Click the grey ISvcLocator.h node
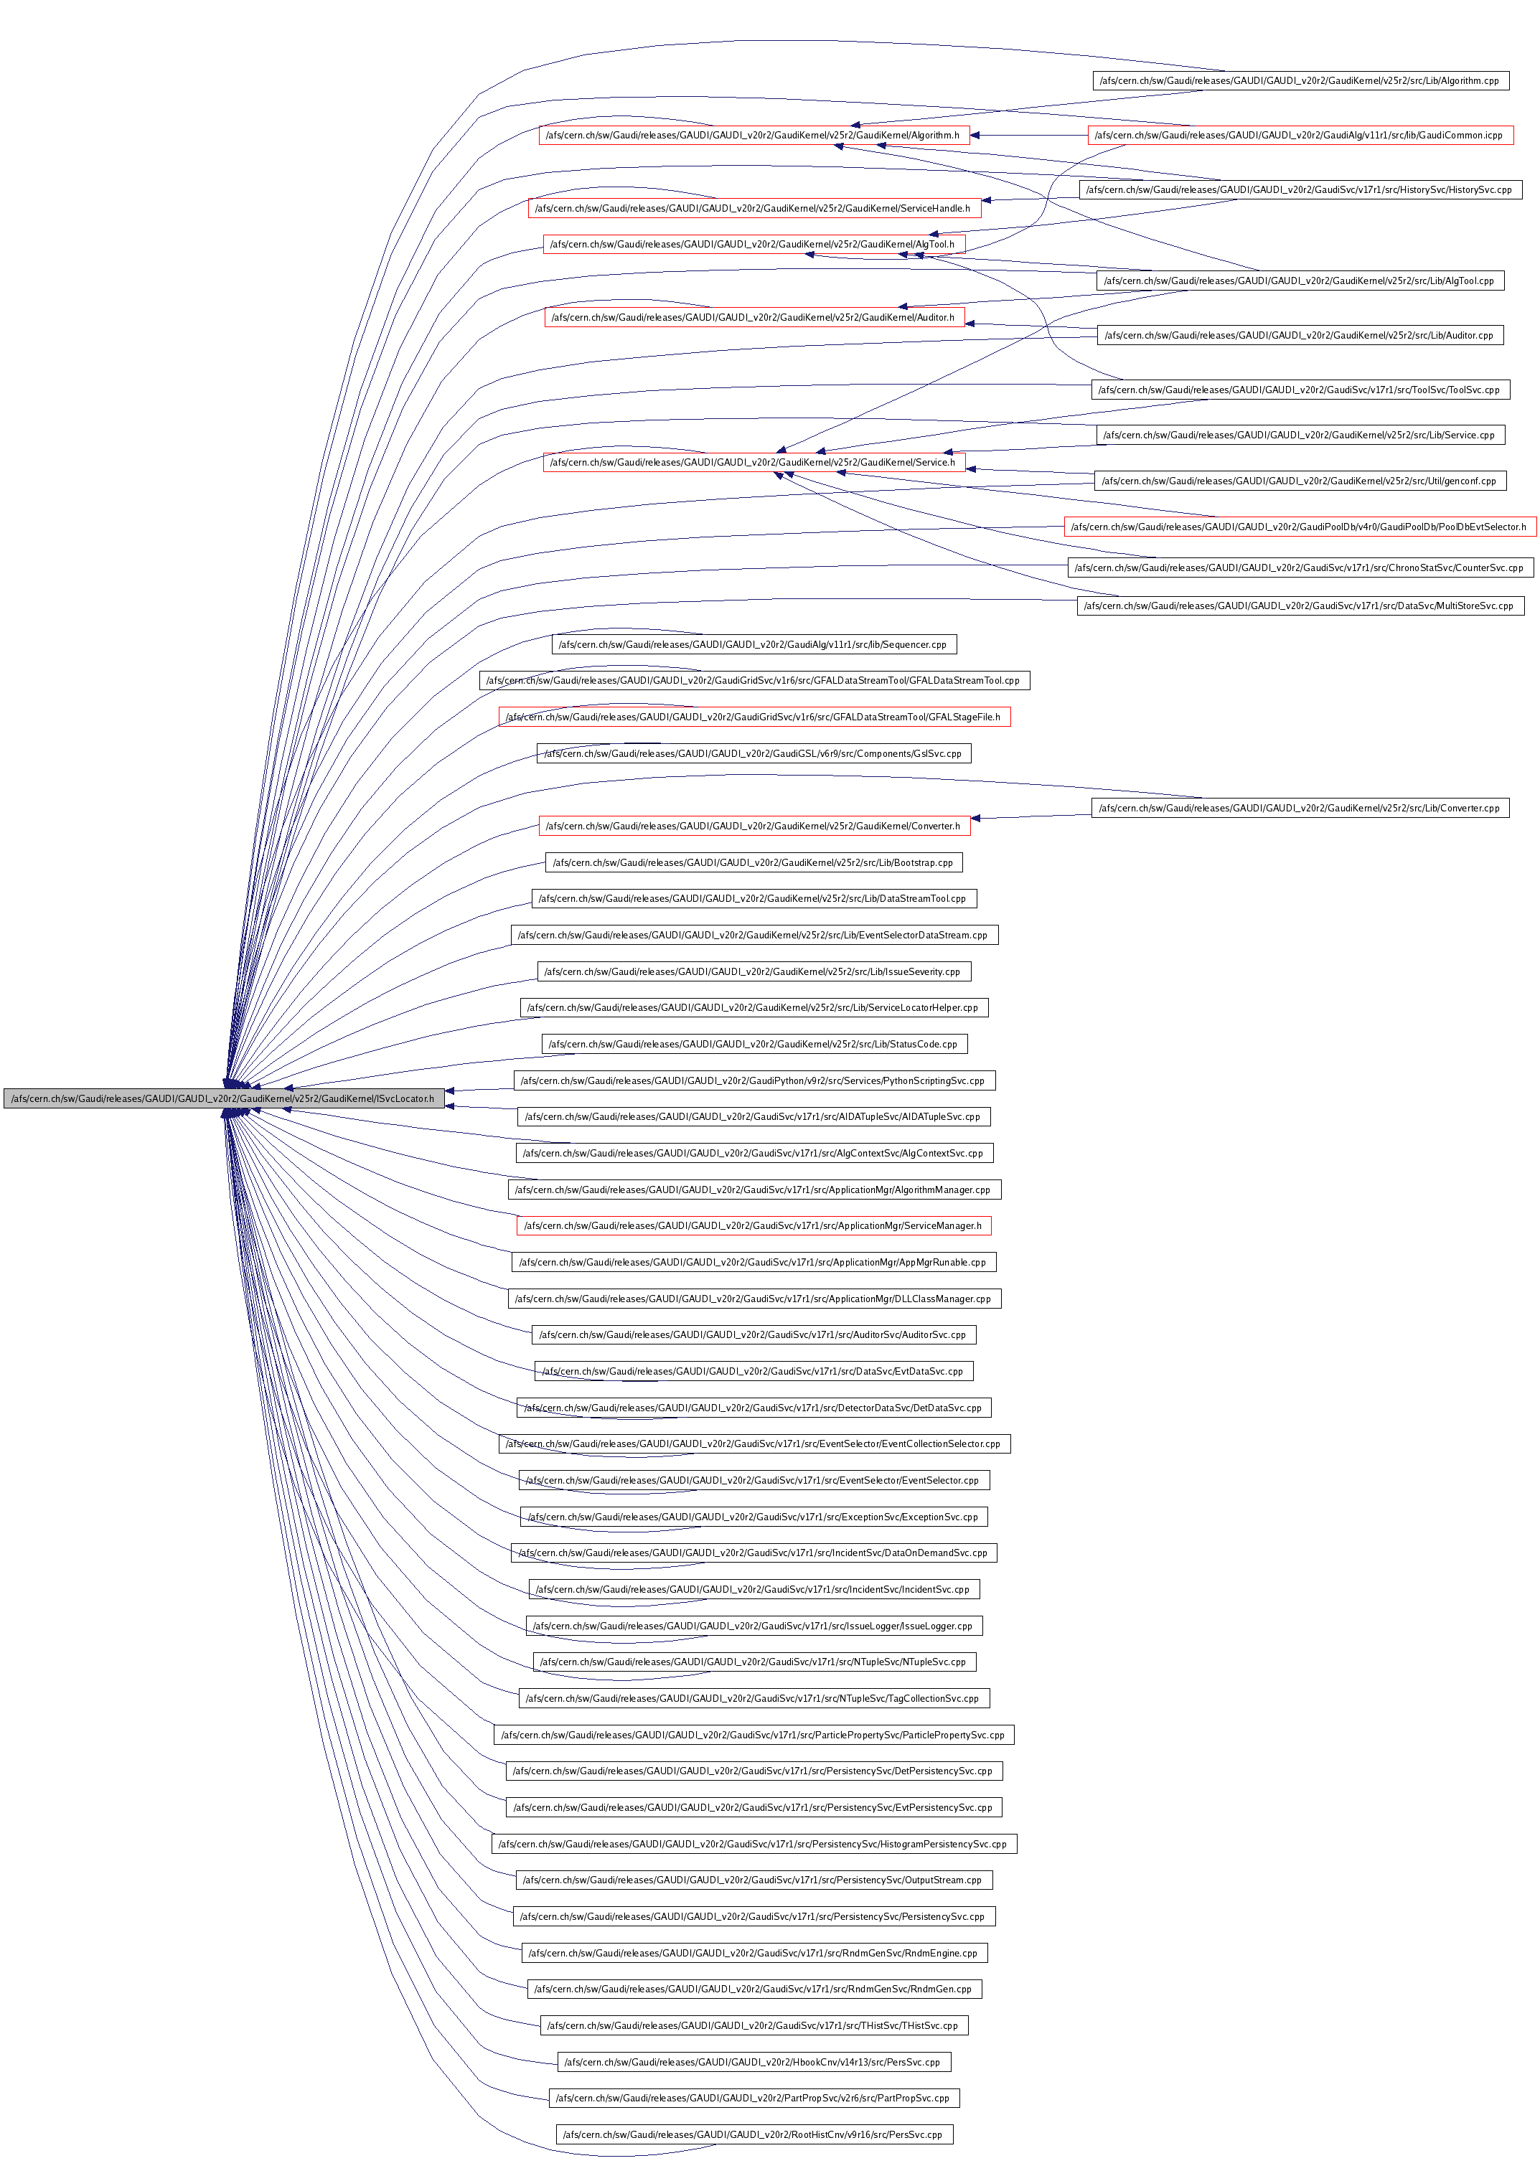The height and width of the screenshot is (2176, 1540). tap(224, 1098)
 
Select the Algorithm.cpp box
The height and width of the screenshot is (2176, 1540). tap(1300, 80)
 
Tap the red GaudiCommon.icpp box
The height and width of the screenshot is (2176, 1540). tap(1300, 136)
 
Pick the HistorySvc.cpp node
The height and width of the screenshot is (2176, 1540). tap(1300, 189)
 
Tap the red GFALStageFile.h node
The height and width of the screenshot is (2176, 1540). tap(754, 717)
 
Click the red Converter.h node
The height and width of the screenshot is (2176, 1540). tap(754, 826)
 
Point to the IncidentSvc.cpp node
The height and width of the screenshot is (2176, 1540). tap(754, 1589)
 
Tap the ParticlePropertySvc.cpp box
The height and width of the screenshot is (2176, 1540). tap(754, 1735)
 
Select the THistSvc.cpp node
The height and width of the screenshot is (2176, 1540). tap(754, 2025)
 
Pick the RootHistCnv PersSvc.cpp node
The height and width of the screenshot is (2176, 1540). tap(754, 2134)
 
